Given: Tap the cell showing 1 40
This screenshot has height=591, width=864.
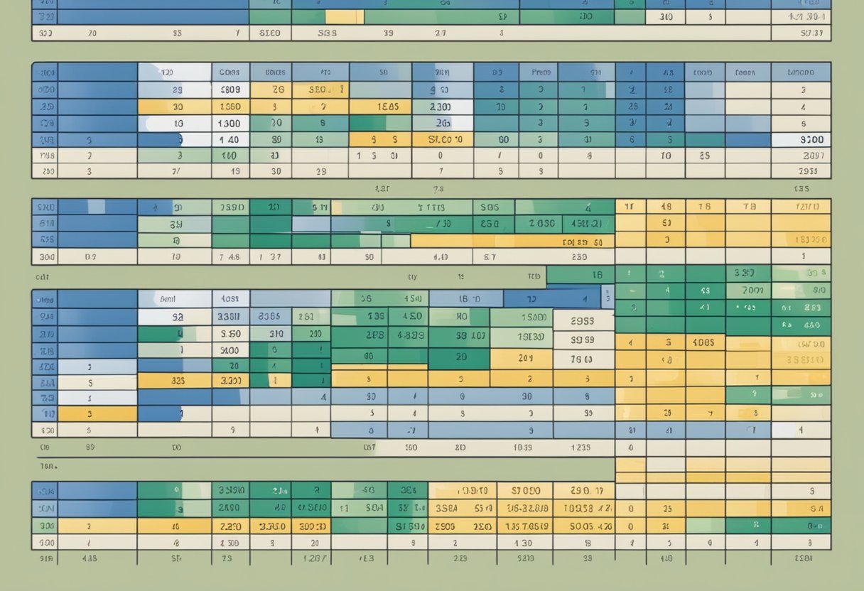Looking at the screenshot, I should tap(229, 140).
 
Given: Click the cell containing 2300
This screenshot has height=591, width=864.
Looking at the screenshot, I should tap(442, 107).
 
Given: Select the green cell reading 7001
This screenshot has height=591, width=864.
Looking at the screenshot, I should tap(751, 291).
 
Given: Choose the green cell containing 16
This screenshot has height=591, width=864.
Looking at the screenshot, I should tap(597, 275).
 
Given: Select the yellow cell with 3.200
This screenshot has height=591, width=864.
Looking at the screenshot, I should tap(229, 380).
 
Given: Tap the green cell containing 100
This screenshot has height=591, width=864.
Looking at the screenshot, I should tap(229, 156).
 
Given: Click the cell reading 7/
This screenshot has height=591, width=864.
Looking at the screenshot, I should tap(175, 171).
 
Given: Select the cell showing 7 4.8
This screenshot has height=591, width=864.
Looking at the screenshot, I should tap(229, 257).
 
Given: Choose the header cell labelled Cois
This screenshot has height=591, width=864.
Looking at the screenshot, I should tap(229, 72).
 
